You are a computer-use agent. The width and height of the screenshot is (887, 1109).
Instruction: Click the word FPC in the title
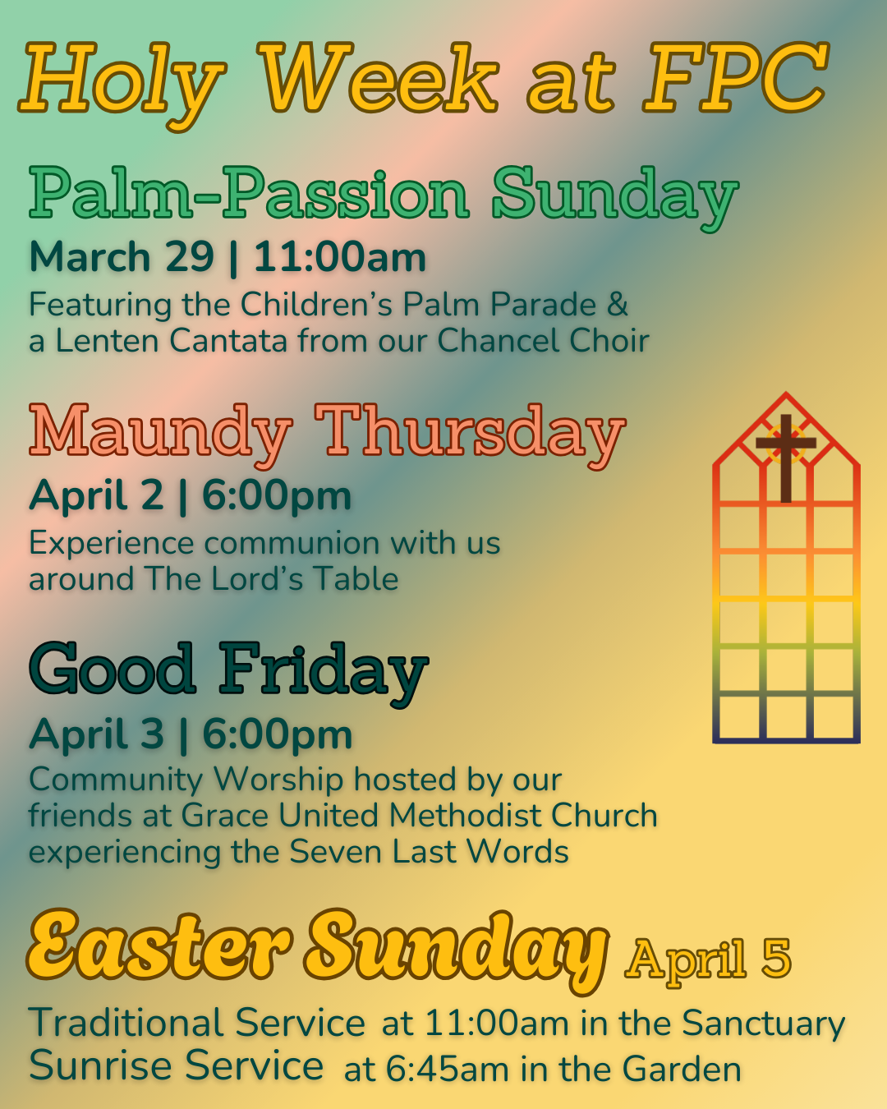[735, 79]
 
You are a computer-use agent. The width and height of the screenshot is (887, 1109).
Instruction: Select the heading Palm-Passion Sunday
[384, 195]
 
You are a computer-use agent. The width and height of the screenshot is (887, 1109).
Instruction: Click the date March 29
[122, 257]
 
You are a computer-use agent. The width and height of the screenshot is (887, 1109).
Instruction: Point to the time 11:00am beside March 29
[340, 257]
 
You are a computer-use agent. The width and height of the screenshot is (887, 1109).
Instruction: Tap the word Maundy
[161, 433]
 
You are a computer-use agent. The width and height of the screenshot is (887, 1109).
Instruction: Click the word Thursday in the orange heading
[470, 433]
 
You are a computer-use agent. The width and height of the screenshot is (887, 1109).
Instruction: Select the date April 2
[97, 495]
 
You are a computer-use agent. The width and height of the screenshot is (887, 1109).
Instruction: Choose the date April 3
[97, 734]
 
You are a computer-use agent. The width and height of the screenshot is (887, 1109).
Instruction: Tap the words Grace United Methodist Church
[419, 816]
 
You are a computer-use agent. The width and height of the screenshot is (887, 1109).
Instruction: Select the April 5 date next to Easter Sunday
[708, 959]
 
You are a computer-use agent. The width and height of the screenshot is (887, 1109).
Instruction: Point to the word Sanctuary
[764, 1024]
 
